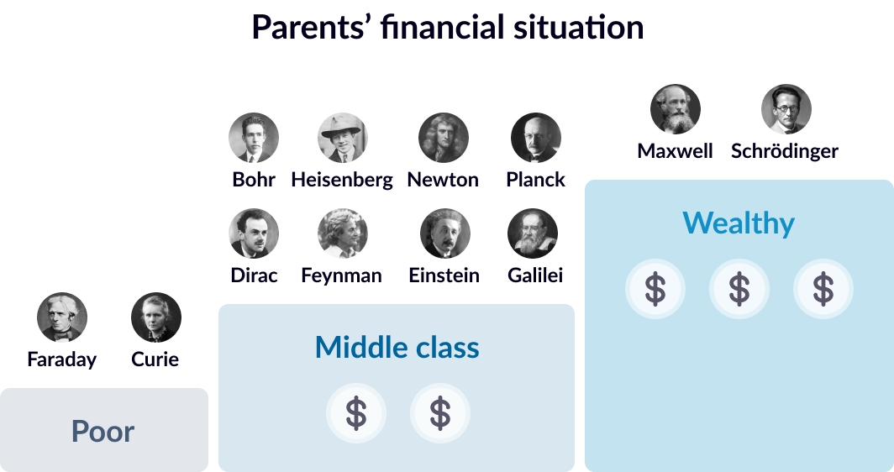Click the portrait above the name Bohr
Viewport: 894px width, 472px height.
click(x=254, y=138)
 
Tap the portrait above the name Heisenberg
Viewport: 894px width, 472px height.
click(x=343, y=138)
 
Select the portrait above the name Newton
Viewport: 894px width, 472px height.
click(x=444, y=138)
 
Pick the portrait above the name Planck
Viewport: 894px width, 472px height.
click(x=536, y=138)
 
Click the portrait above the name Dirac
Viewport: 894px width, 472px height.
click(x=254, y=233)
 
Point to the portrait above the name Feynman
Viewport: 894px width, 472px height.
click(x=343, y=233)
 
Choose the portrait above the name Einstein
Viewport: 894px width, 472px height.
click(x=445, y=233)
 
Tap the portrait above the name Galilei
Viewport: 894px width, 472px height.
click(x=533, y=233)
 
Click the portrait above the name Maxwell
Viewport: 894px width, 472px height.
click(x=675, y=109)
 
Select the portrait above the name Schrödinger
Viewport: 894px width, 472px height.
click(x=786, y=109)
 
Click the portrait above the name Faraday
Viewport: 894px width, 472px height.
click(x=62, y=317)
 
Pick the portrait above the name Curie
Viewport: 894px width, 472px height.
click(x=156, y=317)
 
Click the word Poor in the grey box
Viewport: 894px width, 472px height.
click(x=103, y=432)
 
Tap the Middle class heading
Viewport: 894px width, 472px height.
click(x=397, y=347)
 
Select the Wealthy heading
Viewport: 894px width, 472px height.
click(x=739, y=223)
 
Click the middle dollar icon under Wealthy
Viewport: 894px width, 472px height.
click(x=739, y=289)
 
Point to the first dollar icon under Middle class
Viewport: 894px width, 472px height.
click(x=356, y=413)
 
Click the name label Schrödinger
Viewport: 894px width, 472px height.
click(x=785, y=151)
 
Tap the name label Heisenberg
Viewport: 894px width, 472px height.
click(x=342, y=180)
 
